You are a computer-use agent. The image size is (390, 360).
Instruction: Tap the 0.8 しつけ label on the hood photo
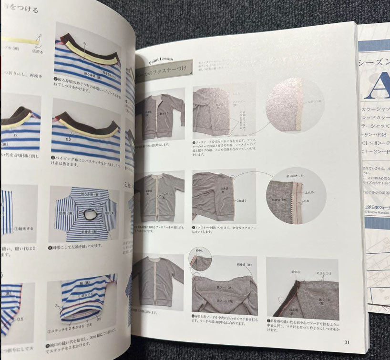click(x=324, y=274)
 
